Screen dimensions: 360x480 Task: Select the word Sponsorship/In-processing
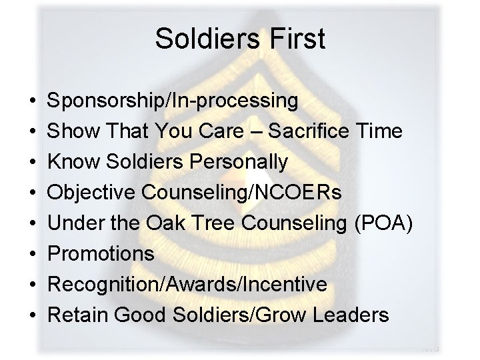click(173, 101)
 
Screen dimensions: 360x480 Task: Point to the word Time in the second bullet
click(381, 131)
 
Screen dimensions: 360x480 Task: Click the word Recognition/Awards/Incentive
click(188, 285)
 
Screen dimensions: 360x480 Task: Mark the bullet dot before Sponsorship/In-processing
click(33, 102)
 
